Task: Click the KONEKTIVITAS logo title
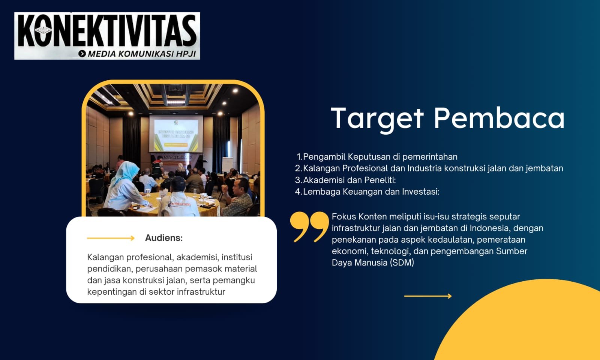pyautogui.click(x=107, y=31)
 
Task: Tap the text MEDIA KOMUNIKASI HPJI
pyautogui.click(x=142, y=54)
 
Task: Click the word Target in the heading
pyautogui.click(x=377, y=118)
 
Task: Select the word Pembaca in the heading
pyautogui.click(x=499, y=118)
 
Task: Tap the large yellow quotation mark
pyautogui.click(x=309, y=227)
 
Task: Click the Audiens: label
pyautogui.click(x=163, y=238)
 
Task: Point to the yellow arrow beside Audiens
pyautogui.click(x=111, y=238)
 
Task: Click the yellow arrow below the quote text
pyautogui.click(x=428, y=296)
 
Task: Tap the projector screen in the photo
pyautogui.click(x=176, y=133)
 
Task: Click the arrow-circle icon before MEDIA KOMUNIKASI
pyautogui.click(x=82, y=54)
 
